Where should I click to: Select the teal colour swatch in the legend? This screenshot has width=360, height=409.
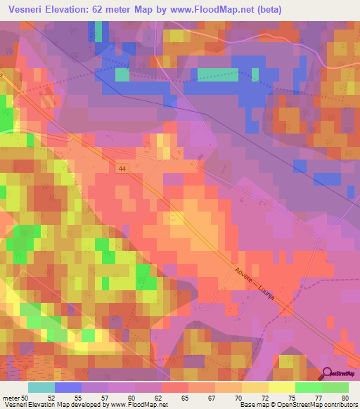click(41, 387)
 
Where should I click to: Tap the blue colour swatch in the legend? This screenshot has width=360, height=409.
click(67, 387)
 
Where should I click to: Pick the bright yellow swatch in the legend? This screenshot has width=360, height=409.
click(281, 387)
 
